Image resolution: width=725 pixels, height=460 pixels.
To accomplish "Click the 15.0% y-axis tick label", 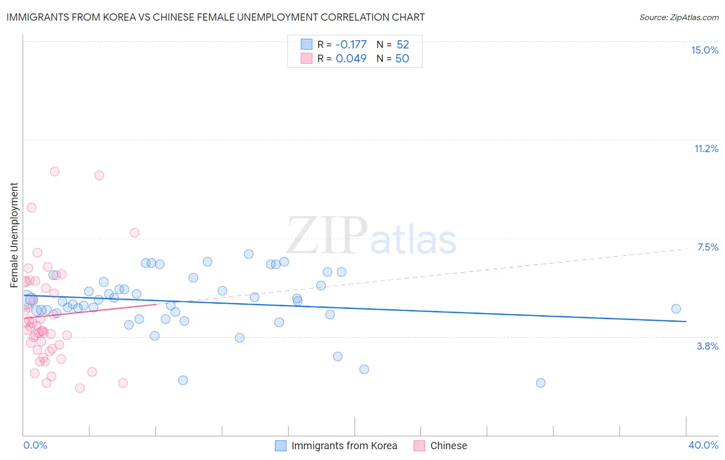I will coord(704,50).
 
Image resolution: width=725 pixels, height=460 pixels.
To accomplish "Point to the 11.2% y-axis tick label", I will coord(706,149).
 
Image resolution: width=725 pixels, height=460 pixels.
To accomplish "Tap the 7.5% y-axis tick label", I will coord(707,247).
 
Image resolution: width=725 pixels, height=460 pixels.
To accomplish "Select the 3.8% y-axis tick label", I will coord(707,346).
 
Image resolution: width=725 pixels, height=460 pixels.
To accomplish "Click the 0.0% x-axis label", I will coord(35,445).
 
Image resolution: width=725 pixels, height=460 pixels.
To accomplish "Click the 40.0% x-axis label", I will coord(703,445).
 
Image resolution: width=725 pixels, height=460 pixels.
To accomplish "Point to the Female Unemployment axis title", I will coord(14,235).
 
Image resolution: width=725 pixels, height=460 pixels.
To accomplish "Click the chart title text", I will coord(216,17).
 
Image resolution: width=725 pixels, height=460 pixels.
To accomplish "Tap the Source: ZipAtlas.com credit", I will coord(679,17).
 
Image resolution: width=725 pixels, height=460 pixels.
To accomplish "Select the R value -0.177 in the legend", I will coord(351,44).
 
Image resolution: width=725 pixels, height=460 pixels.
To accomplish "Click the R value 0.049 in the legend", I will coord(351,58).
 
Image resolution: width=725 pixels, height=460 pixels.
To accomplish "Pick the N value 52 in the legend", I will coord(402,44).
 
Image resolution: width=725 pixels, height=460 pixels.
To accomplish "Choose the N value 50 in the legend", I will coord(402,58).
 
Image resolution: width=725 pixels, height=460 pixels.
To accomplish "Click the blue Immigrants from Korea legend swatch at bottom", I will coord(281,446).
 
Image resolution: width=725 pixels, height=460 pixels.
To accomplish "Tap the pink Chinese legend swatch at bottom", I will coord(419,446).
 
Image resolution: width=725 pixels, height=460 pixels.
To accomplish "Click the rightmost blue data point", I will coord(676,308).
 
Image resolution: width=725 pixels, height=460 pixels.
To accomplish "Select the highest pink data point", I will coord(55,171).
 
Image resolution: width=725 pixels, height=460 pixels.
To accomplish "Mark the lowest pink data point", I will coord(80,388).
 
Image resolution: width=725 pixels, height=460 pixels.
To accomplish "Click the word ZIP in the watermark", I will coord(327,236).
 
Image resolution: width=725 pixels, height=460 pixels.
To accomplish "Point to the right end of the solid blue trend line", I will coord(686,321).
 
